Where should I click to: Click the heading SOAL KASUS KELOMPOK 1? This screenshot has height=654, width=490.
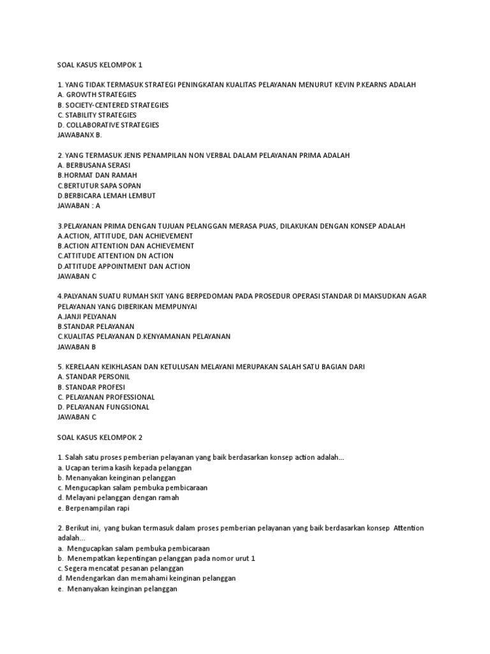pyautogui.click(x=102, y=64)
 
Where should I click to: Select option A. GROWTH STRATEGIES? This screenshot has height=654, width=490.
pyautogui.click(x=96, y=95)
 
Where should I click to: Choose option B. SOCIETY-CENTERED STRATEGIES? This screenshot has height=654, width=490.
pyautogui.click(x=113, y=105)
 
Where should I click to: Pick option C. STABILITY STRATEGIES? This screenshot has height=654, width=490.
pyautogui.click(x=97, y=115)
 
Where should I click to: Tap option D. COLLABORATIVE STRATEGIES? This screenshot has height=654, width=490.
pyautogui.click(x=108, y=125)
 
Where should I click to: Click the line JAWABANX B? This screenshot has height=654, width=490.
pyautogui.click(x=79, y=135)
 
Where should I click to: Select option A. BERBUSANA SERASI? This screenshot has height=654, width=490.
pyautogui.click(x=94, y=165)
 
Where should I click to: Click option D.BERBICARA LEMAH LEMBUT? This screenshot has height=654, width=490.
pyautogui.click(x=106, y=195)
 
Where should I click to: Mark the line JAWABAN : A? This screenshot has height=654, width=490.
pyautogui.click(x=79, y=206)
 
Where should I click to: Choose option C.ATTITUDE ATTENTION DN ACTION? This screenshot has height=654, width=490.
pyautogui.click(x=115, y=256)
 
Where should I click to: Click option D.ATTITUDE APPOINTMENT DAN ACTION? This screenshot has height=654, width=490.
pyautogui.click(x=124, y=266)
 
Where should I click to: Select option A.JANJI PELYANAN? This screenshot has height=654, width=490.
pyautogui.click(x=87, y=316)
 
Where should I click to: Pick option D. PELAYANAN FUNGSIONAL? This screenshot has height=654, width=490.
pyautogui.click(x=103, y=407)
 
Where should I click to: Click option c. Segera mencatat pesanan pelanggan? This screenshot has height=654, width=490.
pyautogui.click(x=120, y=568)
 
